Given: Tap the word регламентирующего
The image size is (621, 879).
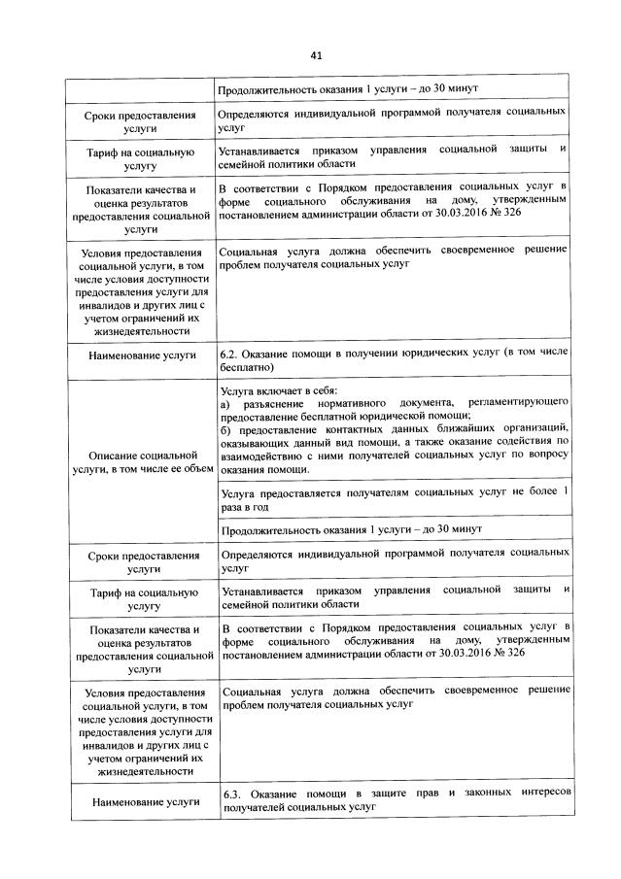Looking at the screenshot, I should coord(517,403).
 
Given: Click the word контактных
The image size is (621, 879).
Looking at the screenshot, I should coord(362,428).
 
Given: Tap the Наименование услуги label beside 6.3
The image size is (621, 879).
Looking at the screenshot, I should coord(143,801).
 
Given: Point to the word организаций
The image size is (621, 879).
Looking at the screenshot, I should coord(535,428).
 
